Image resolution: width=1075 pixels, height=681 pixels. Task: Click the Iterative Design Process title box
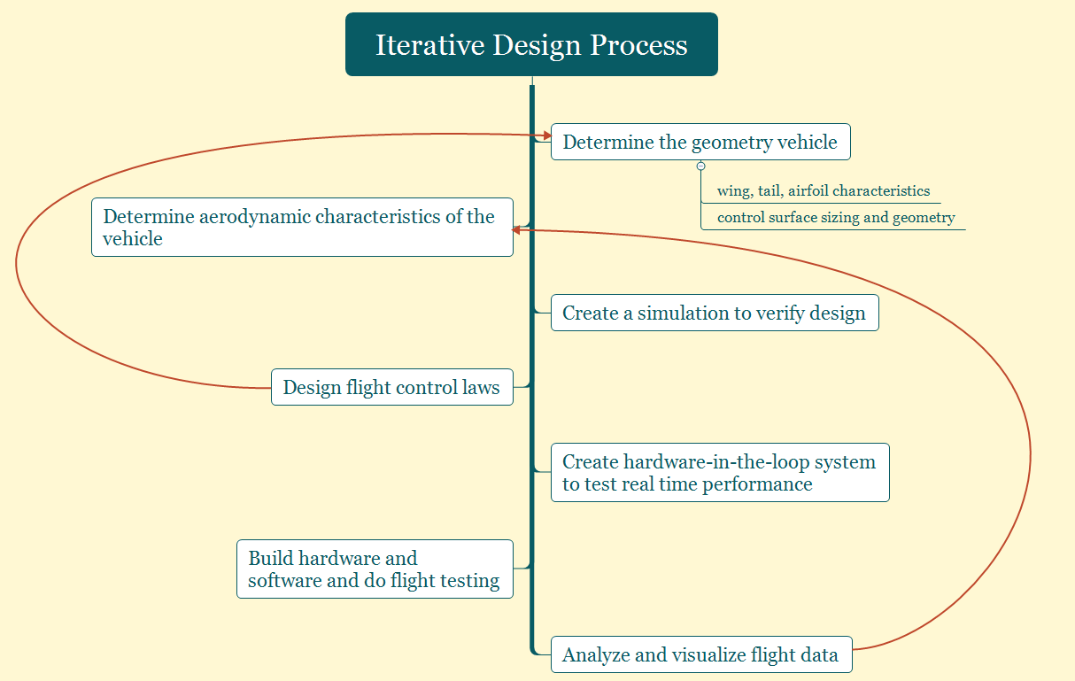pyautogui.click(x=531, y=44)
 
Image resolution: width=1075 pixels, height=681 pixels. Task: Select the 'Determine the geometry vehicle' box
pyautogui.click(x=700, y=142)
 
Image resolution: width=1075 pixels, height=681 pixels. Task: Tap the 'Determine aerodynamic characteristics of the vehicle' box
pyautogui.click(x=302, y=228)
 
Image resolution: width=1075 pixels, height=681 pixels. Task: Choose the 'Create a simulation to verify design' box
pyautogui.click(x=714, y=313)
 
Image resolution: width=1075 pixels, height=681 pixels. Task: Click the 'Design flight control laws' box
pyautogui.click(x=391, y=387)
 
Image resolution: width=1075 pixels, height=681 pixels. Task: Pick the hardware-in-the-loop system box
pyautogui.click(x=719, y=472)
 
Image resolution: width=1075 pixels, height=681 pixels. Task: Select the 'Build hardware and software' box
pyautogui.click(x=375, y=569)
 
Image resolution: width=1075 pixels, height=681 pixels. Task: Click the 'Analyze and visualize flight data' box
pyautogui.click(x=700, y=654)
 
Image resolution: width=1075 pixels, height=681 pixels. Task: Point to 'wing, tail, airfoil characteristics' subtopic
pyautogui.click(x=823, y=190)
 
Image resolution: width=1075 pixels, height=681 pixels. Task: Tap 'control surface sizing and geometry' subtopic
pyautogui.click(x=835, y=217)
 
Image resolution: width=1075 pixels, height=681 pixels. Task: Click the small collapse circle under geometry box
pyautogui.click(x=700, y=166)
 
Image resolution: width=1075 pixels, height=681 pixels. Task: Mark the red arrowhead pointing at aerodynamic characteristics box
pyautogui.click(x=517, y=229)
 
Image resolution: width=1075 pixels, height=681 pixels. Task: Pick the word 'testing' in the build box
pyautogui.click(x=469, y=581)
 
